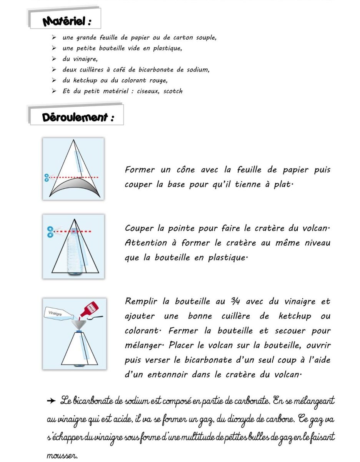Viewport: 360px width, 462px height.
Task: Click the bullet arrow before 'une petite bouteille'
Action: [x=54, y=49]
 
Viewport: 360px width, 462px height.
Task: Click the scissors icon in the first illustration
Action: [x=47, y=177]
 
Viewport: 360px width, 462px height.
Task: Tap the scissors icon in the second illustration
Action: [x=50, y=232]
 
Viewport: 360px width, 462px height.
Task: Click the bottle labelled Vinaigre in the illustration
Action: [x=60, y=314]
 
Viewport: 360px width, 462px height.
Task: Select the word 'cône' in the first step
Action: [x=186, y=170]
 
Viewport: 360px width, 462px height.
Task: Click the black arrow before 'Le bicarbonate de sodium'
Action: [x=51, y=401]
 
